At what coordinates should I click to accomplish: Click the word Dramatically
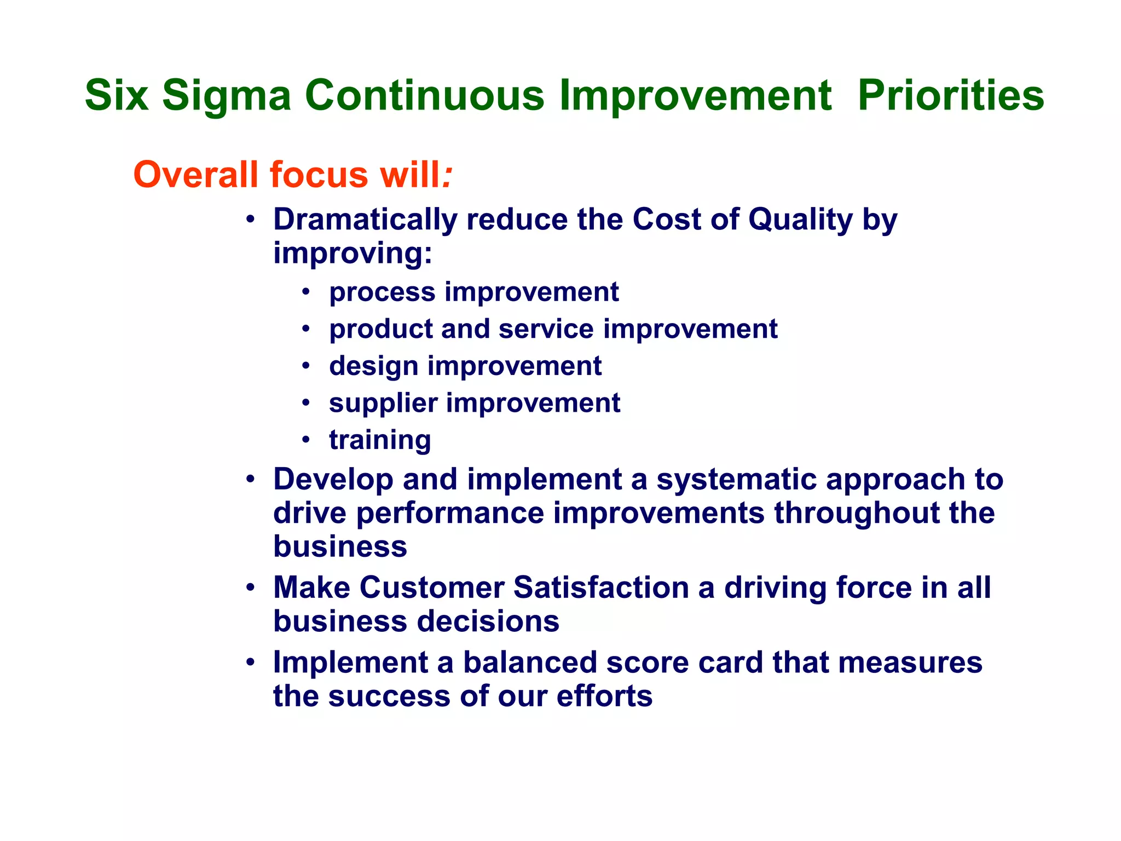pyautogui.click(x=365, y=220)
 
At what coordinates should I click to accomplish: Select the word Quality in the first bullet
pyautogui.click(x=800, y=220)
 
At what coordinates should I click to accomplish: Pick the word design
pyautogui.click(x=373, y=366)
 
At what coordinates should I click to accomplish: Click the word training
pyautogui.click(x=380, y=440)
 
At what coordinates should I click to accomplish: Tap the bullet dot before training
pyautogui.click(x=306, y=440)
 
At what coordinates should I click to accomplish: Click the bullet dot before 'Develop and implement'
pyautogui.click(x=250, y=480)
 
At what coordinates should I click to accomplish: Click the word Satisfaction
pyautogui.click(x=601, y=587)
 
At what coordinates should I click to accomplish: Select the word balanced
pyautogui.click(x=529, y=663)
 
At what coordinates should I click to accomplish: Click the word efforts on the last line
pyautogui.click(x=604, y=696)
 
